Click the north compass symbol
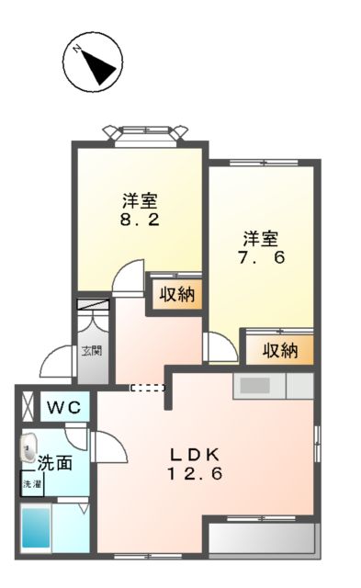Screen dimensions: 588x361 (x=93, y=62)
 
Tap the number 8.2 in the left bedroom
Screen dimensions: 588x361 (x=139, y=221)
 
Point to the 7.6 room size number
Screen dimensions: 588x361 (x=263, y=257)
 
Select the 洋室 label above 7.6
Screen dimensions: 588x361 (x=262, y=237)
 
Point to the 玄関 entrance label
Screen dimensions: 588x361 (x=92, y=350)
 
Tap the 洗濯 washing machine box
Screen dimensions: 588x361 (x=32, y=483)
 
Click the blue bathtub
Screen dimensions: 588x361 (x=36, y=528)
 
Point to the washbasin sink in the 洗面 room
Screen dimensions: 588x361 (x=27, y=449)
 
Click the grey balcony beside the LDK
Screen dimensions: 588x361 (x=263, y=539)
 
